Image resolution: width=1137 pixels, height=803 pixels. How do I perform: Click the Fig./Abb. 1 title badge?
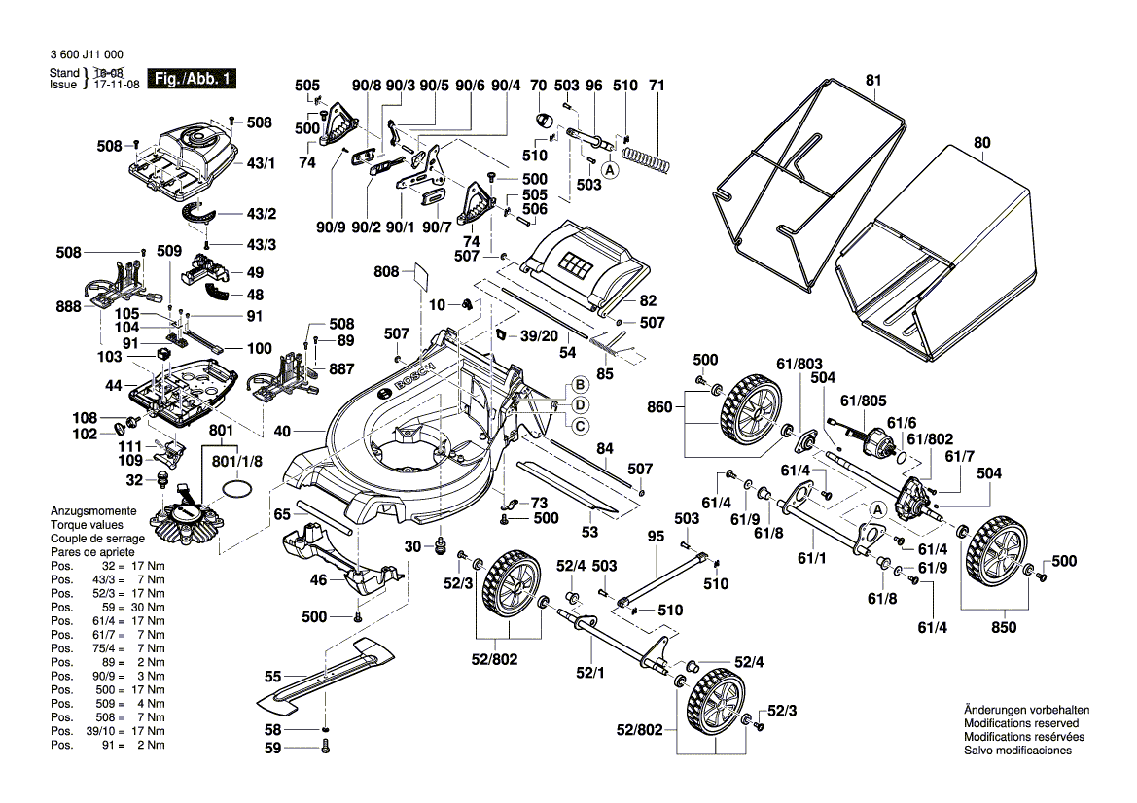click(x=191, y=78)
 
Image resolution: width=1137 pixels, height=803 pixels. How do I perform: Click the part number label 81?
click(x=872, y=79)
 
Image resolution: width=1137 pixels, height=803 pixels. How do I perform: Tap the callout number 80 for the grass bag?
click(x=982, y=142)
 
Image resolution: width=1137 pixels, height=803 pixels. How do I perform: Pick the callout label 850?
click(x=1003, y=628)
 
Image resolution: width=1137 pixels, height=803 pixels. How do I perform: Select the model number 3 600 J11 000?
click(x=87, y=55)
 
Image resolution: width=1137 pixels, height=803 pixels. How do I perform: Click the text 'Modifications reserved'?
click(x=1020, y=723)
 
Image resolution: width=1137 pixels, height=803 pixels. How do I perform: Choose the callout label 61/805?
click(x=864, y=399)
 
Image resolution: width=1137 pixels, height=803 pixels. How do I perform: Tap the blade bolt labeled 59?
click(x=325, y=747)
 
